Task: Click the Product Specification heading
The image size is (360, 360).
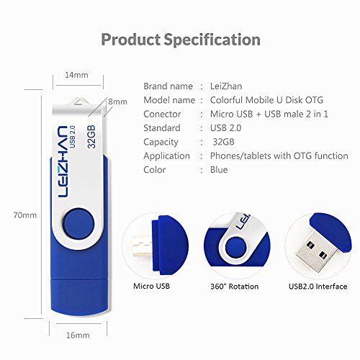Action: tap(180, 39)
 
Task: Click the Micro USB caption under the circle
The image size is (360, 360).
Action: tap(153, 285)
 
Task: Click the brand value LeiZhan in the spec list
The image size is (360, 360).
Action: tap(230, 86)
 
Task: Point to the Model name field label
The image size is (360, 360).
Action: tap(169, 100)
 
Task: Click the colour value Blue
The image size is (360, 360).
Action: tap(219, 170)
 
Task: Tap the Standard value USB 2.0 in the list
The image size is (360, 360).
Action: tap(225, 128)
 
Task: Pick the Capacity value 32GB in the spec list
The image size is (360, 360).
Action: tap(223, 142)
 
